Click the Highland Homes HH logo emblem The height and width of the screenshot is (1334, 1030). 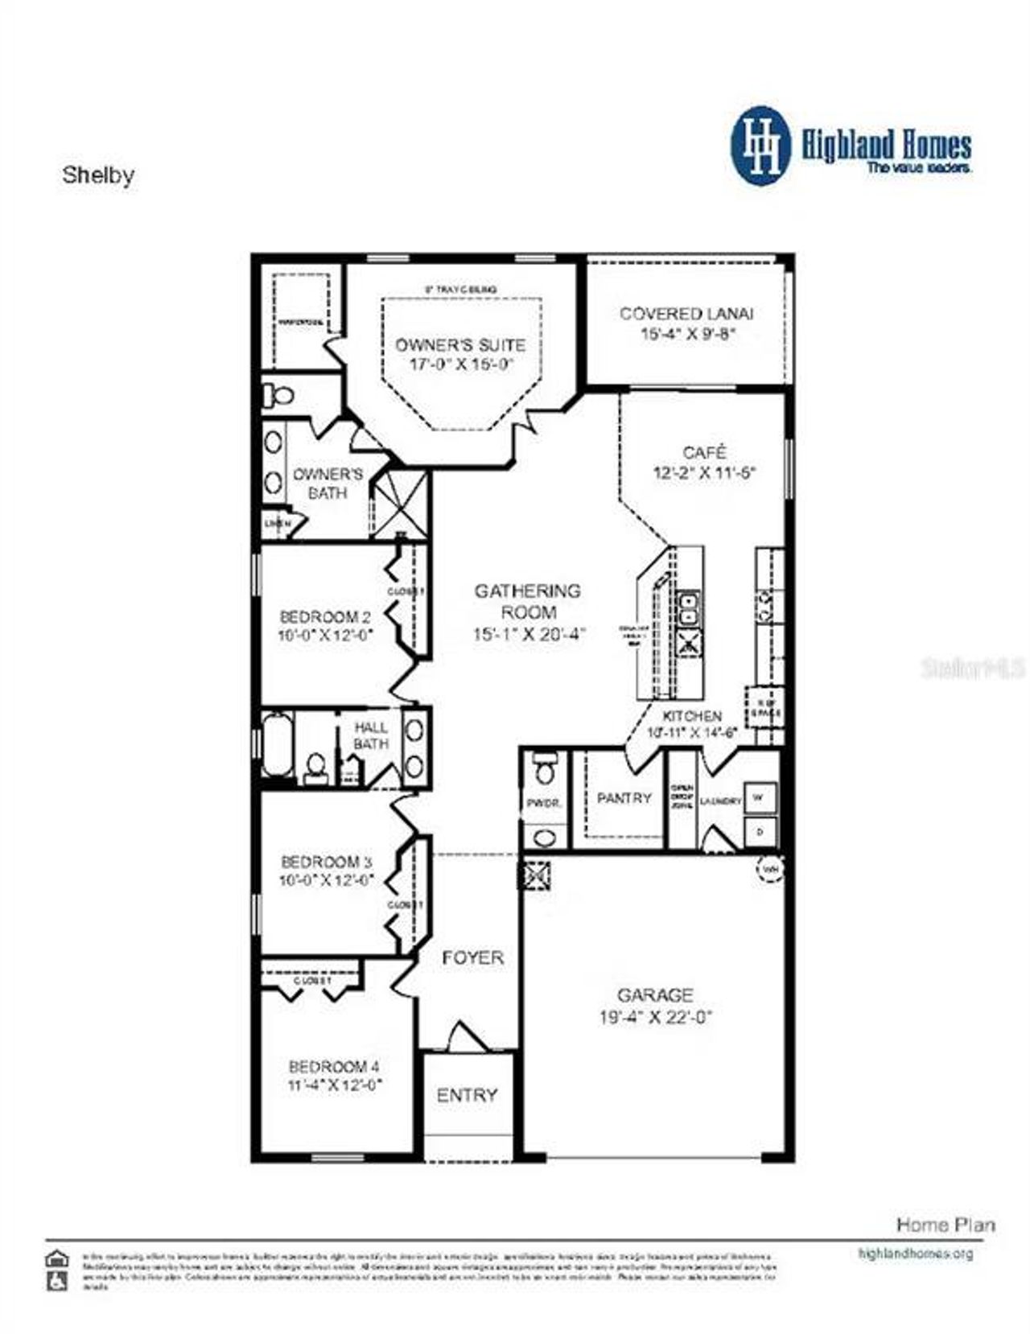760,147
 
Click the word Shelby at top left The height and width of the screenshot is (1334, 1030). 98,175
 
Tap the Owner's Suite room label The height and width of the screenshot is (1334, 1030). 459,345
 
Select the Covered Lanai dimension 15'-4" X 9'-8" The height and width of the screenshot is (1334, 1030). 688,334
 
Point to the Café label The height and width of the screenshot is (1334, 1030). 704,452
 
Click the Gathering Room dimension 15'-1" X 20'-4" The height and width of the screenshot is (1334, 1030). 528,634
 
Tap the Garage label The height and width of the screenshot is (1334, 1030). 655,994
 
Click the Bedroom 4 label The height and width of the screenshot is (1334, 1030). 334,1067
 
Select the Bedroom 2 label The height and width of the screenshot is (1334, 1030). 325,617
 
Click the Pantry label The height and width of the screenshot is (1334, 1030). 624,798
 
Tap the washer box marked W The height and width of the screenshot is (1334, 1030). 760,798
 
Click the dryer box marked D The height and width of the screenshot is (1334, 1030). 760,832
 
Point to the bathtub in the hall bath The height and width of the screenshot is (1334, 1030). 277,747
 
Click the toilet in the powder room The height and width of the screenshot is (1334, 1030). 546,768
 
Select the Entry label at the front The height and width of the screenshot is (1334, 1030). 467,1095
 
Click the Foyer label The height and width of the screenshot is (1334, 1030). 472,957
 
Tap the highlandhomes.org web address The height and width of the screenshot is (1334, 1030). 916,1253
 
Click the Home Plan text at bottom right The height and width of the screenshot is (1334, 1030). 946,1225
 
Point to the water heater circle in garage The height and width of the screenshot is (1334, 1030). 770,869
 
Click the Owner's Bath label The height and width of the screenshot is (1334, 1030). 328,483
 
